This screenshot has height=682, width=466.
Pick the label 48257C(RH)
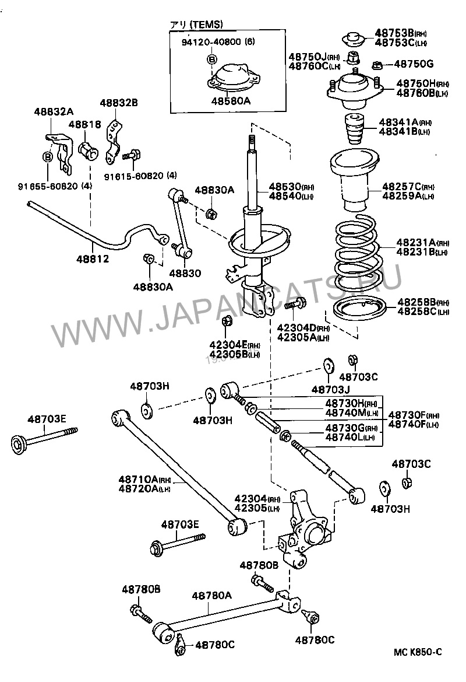408,187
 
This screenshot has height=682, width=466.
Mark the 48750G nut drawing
376,64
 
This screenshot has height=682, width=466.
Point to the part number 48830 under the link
185,272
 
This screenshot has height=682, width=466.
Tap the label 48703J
330,389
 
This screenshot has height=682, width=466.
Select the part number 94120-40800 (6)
213,41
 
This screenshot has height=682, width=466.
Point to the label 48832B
118,103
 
